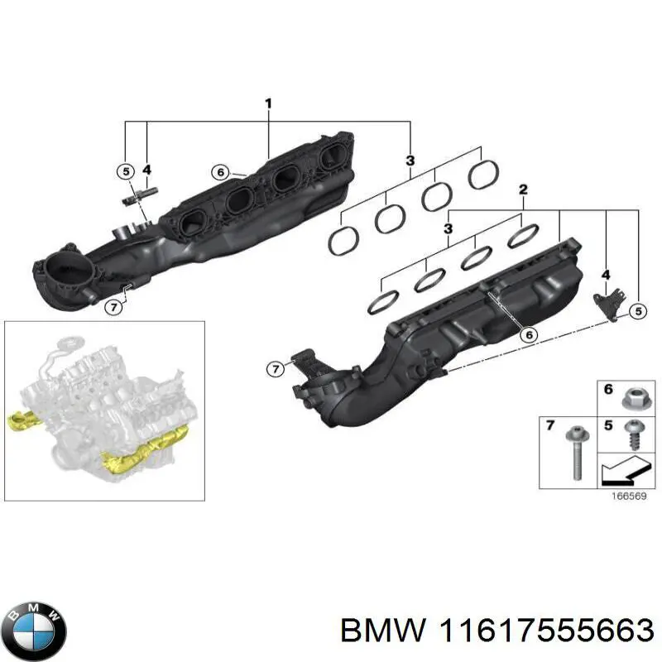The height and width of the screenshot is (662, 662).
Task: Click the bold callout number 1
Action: tap(268, 103)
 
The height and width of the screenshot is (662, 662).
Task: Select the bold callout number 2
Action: tap(522, 190)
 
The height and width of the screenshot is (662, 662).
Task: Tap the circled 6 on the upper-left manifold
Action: tap(218, 173)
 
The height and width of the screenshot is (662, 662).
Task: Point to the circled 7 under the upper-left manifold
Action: tap(114, 307)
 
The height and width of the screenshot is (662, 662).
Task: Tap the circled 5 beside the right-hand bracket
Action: tap(637, 311)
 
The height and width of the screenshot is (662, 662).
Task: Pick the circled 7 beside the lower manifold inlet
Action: tap(275, 368)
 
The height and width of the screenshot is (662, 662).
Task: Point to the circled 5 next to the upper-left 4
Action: tap(124, 172)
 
